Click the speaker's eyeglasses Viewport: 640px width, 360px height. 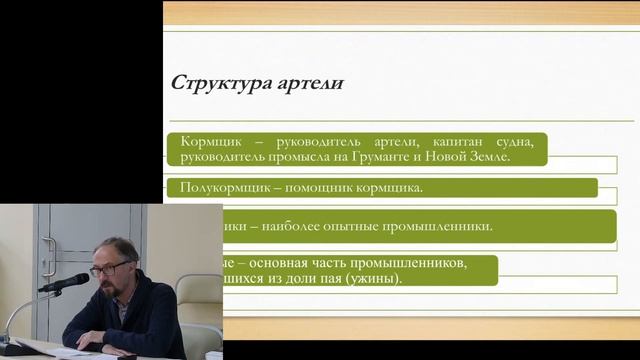(x=107, y=267)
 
